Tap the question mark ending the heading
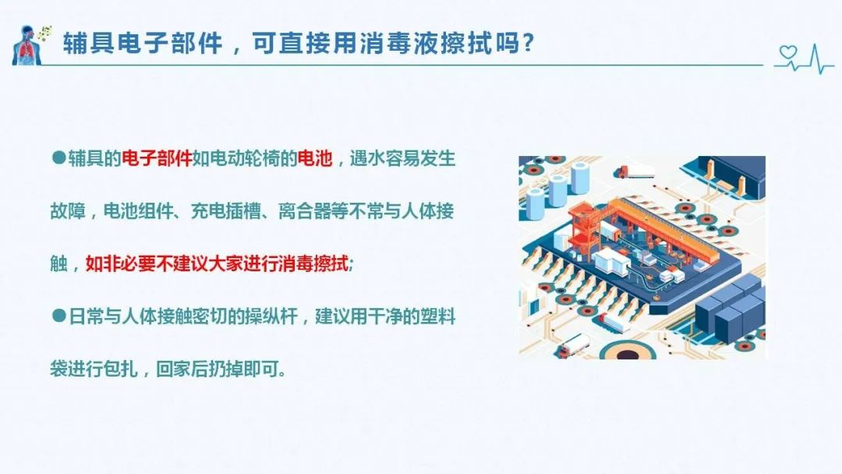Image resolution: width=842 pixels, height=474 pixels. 528,43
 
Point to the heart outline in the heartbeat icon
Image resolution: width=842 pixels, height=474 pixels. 788,52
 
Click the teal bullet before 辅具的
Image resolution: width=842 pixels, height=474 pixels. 58,157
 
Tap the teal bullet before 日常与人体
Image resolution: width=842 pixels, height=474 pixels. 58,316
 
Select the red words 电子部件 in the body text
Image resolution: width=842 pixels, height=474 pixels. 157,158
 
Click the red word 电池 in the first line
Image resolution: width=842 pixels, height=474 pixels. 315,158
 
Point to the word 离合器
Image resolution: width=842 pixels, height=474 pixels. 305,211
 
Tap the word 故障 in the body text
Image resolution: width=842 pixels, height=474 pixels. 68,211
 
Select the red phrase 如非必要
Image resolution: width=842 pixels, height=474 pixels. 121,264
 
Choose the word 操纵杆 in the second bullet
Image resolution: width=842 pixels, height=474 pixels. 271,317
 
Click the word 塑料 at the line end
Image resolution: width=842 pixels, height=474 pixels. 437,317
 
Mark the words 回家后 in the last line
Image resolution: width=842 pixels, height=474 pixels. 182,369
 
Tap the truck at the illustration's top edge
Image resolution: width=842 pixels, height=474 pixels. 634,172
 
